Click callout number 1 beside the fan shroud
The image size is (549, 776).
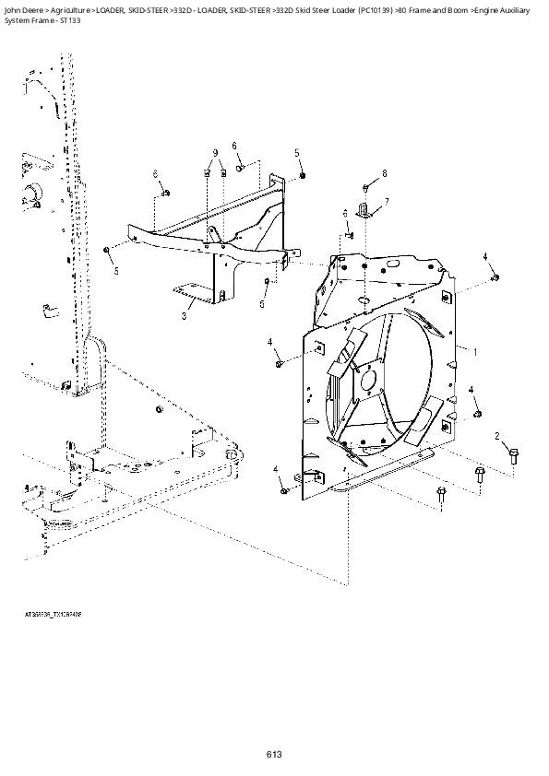(475, 352)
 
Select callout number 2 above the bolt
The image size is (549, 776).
(496, 435)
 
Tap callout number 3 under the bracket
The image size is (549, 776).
(185, 316)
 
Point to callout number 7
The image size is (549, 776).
(386, 201)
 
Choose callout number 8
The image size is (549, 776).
(384, 173)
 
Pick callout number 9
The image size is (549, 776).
(214, 152)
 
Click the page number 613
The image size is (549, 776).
(274, 755)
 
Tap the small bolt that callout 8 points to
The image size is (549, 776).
(365, 186)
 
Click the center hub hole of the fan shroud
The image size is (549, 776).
(369, 378)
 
